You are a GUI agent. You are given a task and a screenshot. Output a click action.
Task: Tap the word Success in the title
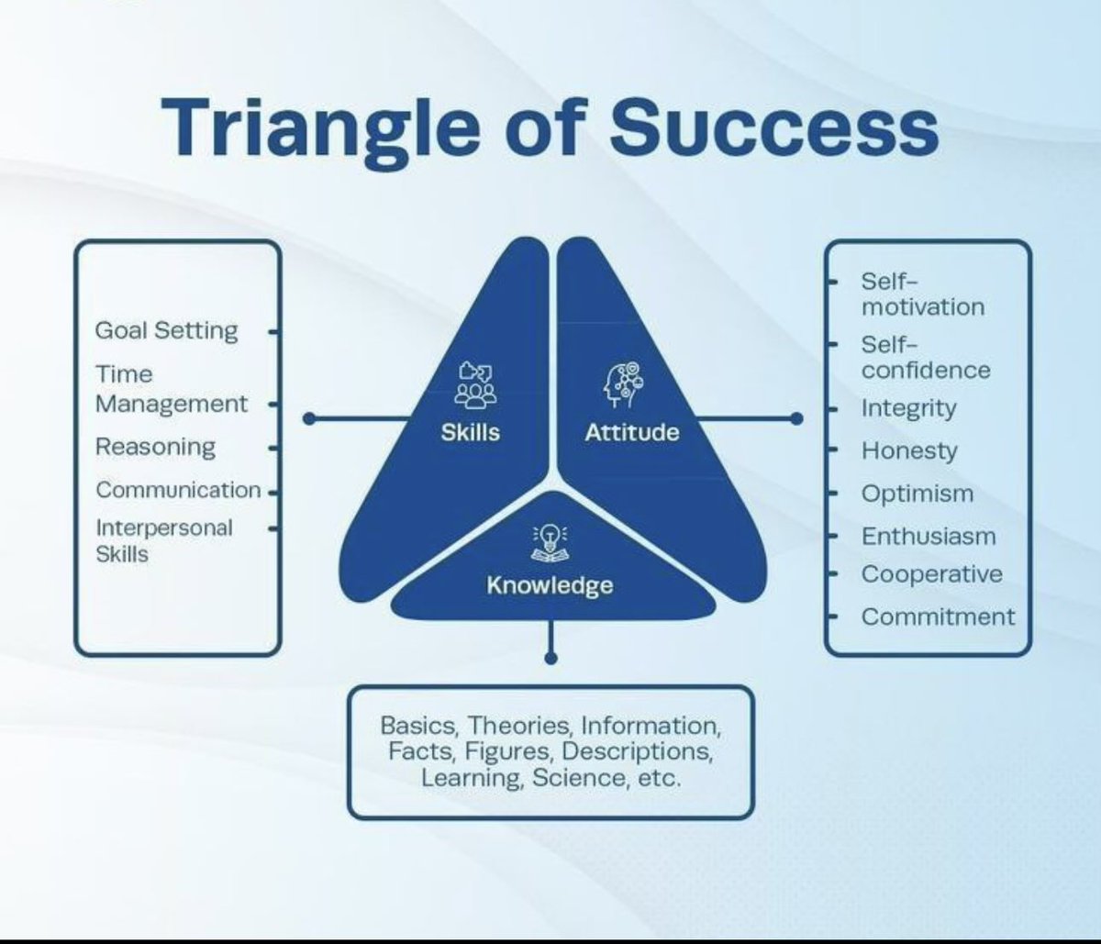tap(772, 128)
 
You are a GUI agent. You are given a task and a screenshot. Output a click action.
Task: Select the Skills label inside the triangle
tap(471, 432)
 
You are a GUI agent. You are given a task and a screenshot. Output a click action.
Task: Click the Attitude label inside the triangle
tap(631, 432)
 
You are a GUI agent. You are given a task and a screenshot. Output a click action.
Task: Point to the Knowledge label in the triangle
tap(550, 584)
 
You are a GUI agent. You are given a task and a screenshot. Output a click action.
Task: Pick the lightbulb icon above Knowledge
tap(548, 542)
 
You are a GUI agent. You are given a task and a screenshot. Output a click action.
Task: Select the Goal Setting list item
tap(166, 330)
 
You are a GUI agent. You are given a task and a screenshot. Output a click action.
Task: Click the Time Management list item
tap(171, 389)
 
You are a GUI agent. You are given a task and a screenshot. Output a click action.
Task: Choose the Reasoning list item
tap(155, 447)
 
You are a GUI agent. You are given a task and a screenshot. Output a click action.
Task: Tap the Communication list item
tap(178, 490)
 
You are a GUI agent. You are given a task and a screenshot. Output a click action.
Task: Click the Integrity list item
tap(908, 408)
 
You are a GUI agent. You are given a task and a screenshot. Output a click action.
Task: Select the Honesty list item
tap(908, 451)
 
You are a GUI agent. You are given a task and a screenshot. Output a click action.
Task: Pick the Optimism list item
tap(917, 494)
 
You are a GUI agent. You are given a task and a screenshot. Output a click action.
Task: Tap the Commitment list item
tap(938, 616)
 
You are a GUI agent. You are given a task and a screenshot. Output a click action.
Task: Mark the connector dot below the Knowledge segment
tap(550, 658)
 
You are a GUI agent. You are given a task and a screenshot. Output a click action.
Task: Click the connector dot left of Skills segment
tap(309, 418)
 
